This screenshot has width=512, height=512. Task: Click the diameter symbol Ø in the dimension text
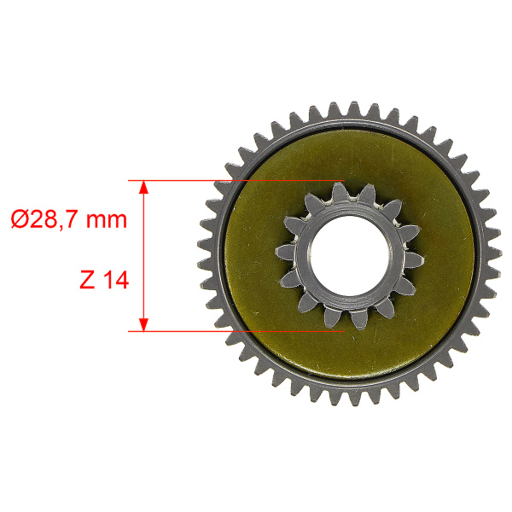point(19,218)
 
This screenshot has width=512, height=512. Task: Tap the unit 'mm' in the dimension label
point(107,220)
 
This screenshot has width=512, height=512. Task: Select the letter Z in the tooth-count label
point(87,280)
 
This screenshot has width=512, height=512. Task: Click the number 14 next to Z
point(116,280)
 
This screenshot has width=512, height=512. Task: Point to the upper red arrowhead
point(143,188)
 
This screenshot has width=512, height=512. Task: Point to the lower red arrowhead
point(143,324)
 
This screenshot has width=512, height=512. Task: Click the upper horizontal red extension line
point(236,180)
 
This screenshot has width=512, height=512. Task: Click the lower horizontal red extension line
point(236,331)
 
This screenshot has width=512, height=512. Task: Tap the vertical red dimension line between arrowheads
point(143,256)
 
